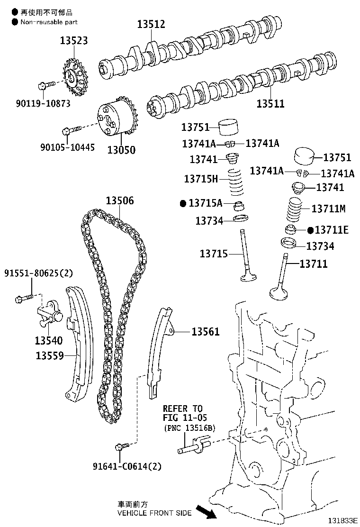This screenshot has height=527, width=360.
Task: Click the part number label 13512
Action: [151, 24]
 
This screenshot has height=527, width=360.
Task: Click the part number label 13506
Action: [119, 200]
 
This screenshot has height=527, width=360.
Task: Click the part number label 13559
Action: [49, 355]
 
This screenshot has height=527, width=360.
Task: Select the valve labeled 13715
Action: [247, 256]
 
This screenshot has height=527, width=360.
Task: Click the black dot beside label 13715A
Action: [183, 203]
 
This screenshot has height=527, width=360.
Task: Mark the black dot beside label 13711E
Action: [310, 230]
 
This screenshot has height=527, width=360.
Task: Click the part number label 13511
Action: [270, 103]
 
